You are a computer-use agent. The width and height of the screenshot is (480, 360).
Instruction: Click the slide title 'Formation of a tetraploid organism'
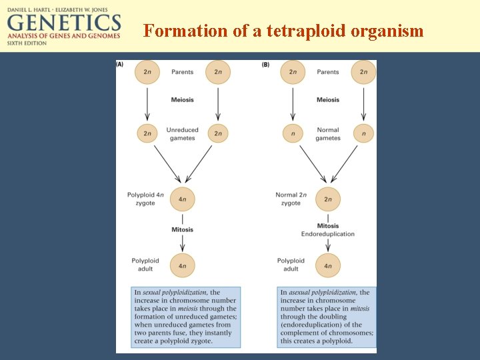tap(283, 31)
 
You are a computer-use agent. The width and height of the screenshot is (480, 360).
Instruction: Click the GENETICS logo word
tap(64, 23)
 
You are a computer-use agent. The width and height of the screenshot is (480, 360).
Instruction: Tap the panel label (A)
tap(120, 65)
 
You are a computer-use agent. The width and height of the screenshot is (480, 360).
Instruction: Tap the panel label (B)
tap(265, 65)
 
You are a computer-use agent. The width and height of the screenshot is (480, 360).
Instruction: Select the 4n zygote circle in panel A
tap(183, 199)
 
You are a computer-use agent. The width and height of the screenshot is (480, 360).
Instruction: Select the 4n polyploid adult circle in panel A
tap(183, 266)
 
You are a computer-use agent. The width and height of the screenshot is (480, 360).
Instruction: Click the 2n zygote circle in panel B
tap(328, 199)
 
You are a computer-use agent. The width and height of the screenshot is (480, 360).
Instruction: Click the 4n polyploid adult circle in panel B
tap(328, 266)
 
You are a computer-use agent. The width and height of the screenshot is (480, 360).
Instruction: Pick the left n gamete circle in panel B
tap(293, 133)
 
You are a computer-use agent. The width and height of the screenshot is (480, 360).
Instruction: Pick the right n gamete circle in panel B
tap(363, 133)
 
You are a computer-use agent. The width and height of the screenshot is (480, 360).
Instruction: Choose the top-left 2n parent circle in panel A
tap(147, 72)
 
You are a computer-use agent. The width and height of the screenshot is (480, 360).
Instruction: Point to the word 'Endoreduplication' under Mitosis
tap(328, 234)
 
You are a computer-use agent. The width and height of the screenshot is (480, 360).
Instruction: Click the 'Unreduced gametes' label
tap(182, 134)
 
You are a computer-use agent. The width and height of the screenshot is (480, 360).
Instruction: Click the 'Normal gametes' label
tap(328, 134)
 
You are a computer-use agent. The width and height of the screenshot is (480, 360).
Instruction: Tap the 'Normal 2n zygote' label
tap(291, 199)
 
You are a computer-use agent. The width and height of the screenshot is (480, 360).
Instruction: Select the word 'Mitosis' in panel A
tap(182, 229)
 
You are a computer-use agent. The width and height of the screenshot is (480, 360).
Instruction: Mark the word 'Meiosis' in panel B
tap(328, 100)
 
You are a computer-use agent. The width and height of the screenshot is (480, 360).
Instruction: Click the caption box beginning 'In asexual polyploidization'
tap(327, 317)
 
